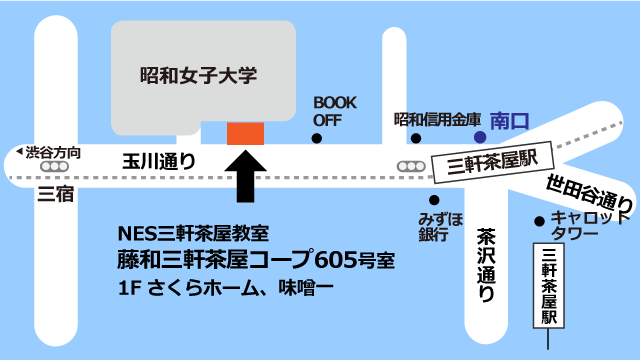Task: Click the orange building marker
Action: pyautogui.click(x=245, y=133)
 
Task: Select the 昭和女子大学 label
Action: pyautogui.click(x=198, y=74)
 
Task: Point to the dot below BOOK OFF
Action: pyautogui.click(x=317, y=138)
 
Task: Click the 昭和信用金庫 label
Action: pyautogui.click(x=438, y=120)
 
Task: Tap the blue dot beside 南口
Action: pyautogui.click(x=480, y=136)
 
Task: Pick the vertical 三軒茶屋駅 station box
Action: pyautogui.click(x=548, y=284)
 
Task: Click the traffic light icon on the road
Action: pyautogui.click(x=410, y=165)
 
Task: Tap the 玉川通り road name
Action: pyautogui.click(x=158, y=159)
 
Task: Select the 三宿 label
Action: pyautogui.click(x=55, y=193)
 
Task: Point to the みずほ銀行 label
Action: pyautogui.click(x=441, y=225)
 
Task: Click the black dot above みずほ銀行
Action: pyautogui.click(x=432, y=197)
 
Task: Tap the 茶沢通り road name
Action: pyautogui.click(x=486, y=265)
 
